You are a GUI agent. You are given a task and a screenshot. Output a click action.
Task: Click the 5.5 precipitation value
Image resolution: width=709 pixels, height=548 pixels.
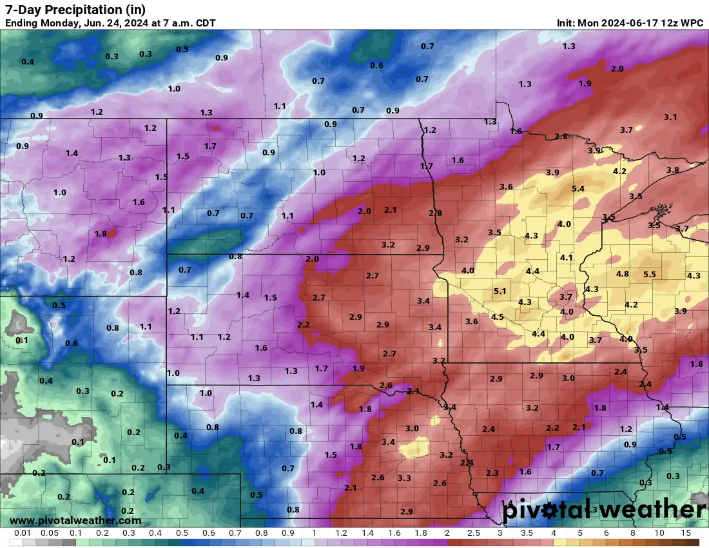click(650, 274)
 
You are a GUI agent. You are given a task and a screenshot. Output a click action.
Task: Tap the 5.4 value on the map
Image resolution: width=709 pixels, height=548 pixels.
click(578, 189)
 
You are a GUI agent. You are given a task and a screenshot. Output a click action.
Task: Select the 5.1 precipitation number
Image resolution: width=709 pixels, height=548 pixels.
click(500, 291)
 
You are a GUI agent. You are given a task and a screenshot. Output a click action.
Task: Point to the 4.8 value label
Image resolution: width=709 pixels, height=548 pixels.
click(623, 274)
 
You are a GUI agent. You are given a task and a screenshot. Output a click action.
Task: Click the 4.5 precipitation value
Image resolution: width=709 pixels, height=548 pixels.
click(498, 317)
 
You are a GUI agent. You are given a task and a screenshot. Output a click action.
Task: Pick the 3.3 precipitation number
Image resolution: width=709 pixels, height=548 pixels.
click(405, 478)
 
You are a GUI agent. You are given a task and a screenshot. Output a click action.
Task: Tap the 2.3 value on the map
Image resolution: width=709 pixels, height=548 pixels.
click(492, 473)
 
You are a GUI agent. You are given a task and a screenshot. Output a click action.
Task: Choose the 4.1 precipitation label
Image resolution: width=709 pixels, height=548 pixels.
click(567, 258)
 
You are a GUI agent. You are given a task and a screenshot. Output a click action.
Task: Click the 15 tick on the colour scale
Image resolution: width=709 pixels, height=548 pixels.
click(686, 534)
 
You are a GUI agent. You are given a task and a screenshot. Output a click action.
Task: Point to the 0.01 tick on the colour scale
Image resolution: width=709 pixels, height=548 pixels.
click(23, 534)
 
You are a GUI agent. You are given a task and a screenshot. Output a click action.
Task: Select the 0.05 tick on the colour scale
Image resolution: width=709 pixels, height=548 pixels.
click(50, 534)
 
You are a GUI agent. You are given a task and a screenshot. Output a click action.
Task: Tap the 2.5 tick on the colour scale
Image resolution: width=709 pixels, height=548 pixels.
click(474, 534)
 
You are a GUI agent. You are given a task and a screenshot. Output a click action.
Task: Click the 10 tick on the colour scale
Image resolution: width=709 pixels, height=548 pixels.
click(659, 534)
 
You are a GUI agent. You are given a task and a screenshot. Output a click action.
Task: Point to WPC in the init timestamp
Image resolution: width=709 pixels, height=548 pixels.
click(692, 23)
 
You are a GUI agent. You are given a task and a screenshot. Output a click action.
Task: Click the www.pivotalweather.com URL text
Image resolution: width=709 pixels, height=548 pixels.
click(75, 520)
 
